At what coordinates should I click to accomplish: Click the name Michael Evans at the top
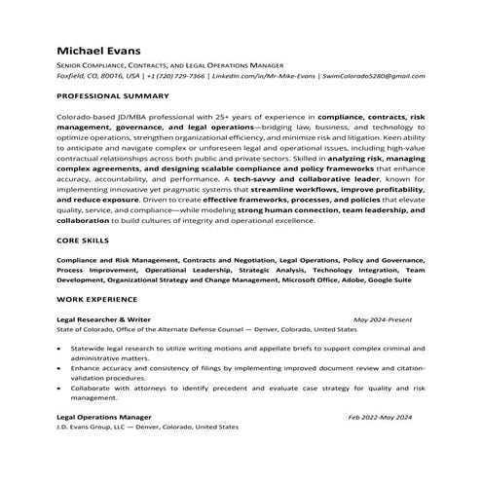[x=99, y=49]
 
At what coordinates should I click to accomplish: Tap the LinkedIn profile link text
[x=263, y=75]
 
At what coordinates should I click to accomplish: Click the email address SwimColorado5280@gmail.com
[x=372, y=75]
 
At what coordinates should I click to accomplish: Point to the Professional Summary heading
[x=113, y=96]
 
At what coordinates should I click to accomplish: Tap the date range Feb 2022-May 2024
[x=380, y=417]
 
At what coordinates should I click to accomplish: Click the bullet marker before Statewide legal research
[x=61, y=348]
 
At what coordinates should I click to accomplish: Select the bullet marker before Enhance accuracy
[x=61, y=370]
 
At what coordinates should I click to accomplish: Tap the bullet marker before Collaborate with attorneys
[x=61, y=388]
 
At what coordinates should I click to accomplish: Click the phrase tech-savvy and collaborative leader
[x=301, y=180]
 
